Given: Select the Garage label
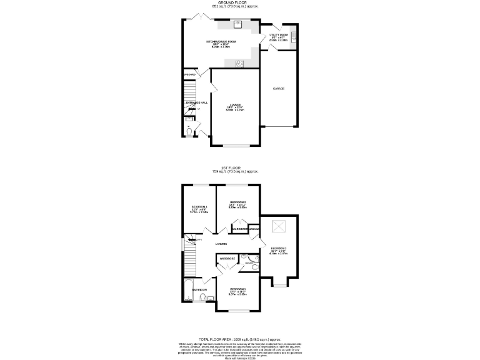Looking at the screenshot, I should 279,89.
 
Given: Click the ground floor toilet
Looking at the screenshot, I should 189,132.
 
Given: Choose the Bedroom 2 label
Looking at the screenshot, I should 237,202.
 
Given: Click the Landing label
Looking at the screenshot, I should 221,243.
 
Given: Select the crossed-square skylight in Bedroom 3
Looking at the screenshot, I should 278,226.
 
